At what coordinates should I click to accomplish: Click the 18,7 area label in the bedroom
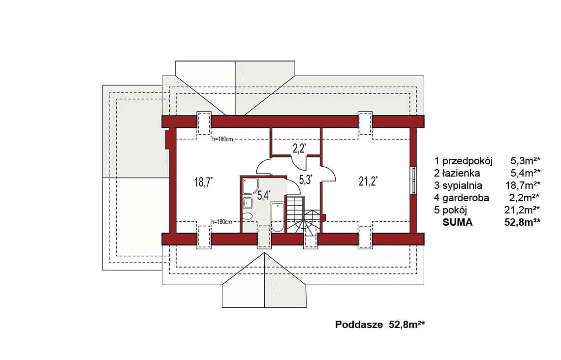point(203,182)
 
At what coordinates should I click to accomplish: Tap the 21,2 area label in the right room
point(368,181)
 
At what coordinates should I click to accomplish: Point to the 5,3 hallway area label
point(305,180)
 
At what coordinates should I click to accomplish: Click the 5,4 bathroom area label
point(264,195)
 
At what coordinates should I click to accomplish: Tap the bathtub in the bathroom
point(278,217)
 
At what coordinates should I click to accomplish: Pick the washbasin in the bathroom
point(248,203)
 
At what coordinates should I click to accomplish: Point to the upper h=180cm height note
point(222,139)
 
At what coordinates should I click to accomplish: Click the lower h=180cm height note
point(221,222)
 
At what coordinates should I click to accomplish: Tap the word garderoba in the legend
point(466,197)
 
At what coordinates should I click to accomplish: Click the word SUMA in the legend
point(458,222)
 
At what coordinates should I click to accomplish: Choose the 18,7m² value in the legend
point(522,185)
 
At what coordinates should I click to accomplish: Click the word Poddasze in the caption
point(359,325)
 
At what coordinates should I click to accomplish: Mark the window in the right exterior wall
point(413,180)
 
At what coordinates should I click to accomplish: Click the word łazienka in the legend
point(461,174)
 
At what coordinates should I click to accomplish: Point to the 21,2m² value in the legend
point(522,210)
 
